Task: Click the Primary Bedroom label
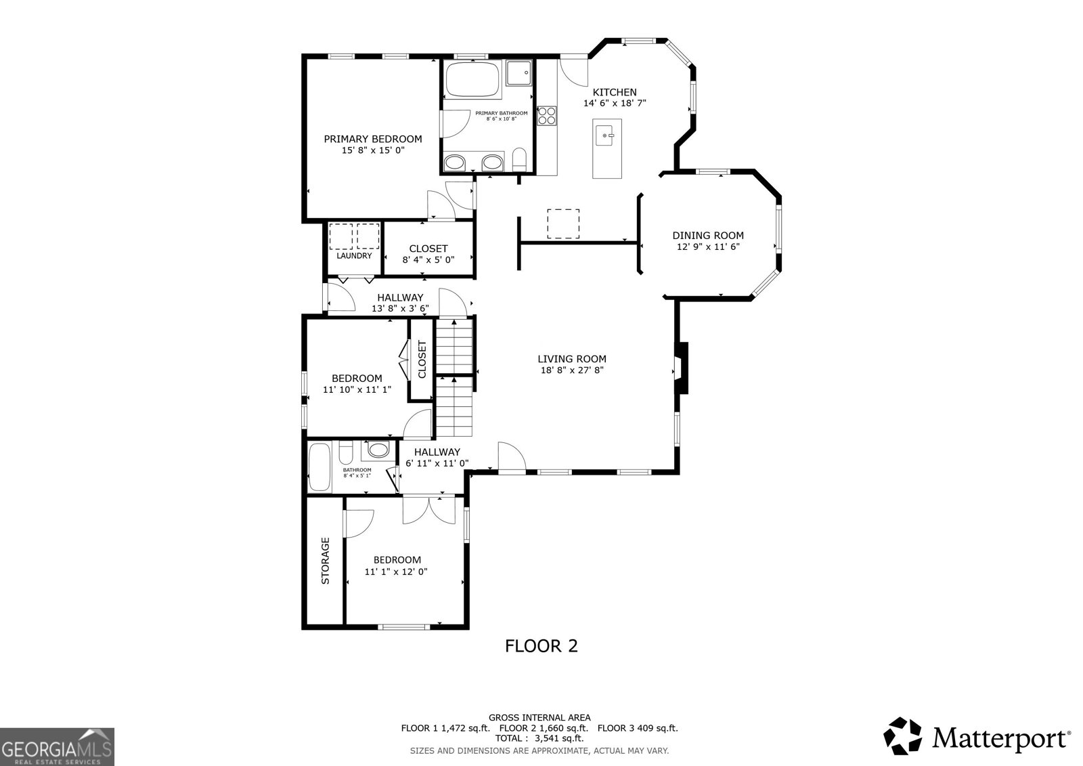pos(372,139)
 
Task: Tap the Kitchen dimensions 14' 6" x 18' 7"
pos(615,104)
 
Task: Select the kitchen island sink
pos(607,135)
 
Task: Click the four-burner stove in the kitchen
pos(546,116)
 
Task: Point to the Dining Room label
pos(707,235)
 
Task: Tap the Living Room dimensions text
pos(572,370)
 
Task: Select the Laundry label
pos(354,256)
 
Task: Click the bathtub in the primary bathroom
pos(472,79)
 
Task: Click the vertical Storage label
pos(325,561)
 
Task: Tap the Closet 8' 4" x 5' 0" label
pos(428,254)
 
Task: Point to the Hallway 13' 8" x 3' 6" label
pos(400,303)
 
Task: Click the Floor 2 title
pos(541,646)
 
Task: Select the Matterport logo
pos(977,736)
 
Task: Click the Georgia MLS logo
pos(57,747)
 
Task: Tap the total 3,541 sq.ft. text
pos(539,739)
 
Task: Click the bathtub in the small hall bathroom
pos(318,467)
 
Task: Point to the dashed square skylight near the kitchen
pos(563,224)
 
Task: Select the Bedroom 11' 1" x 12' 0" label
pos(397,566)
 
